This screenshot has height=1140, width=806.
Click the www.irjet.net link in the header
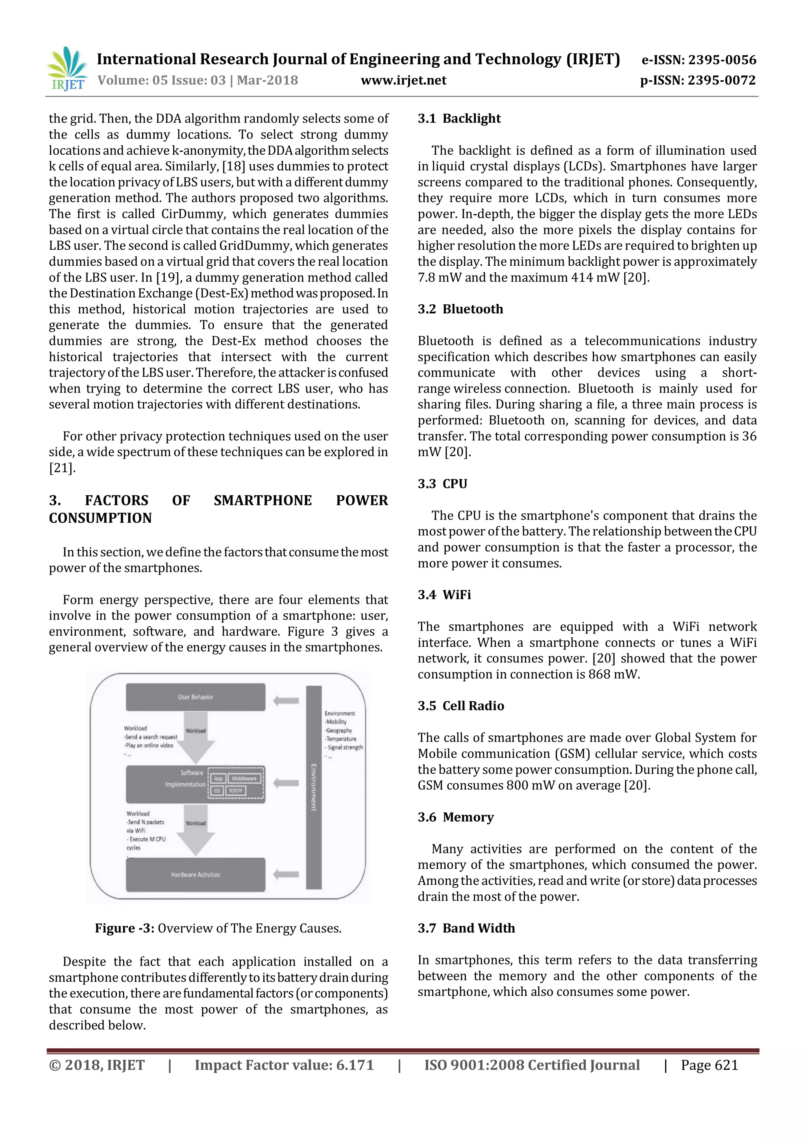[x=403, y=80]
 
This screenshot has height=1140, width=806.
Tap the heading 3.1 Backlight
[x=459, y=118]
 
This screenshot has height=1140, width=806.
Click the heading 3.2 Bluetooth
[x=460, y=309]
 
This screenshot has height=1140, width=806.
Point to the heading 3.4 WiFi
[x=444, y=595]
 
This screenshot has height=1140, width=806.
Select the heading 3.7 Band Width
[x=466, y=929]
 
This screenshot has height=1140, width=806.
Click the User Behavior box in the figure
[x=196, y=697]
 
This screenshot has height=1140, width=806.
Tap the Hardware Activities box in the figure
[x=196, y=875]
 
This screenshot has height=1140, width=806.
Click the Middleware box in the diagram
[x=244, y=779]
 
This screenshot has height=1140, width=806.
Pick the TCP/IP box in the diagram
[x=236, y=790]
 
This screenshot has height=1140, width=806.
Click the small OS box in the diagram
[x=217, y=790]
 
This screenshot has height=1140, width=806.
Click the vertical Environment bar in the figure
[x=314, y=787]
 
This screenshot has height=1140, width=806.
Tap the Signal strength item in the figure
[x=345, y=747]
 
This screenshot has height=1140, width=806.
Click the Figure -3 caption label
[x=125, y=929]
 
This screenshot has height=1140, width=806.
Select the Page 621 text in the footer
[x=709, y=1066]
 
